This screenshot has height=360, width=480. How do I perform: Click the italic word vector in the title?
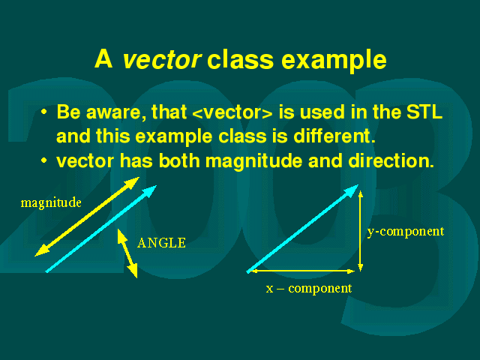pyautogui.click(x=162, y=59)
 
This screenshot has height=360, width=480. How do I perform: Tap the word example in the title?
pyautogui.click(x=334, y=61)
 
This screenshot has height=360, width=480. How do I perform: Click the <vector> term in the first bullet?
pyautogui.click(x=232, y=112)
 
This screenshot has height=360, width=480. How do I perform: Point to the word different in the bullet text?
pyautogui.click(x=334, y=136)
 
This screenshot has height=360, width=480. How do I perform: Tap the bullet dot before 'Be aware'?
pyautogui.click(x=44, y=112)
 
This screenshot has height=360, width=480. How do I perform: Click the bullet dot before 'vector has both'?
pyautogui.click(x=44, y=160)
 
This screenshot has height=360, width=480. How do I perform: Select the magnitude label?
pyautogui.click(x=51, y=203)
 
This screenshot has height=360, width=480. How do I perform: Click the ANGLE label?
pyautogui.click(x=161, y=243)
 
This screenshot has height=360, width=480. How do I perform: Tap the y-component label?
pyautogui.click(x=406, y=232)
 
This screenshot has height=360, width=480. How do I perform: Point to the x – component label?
pyautogui.click(x=309, y=288)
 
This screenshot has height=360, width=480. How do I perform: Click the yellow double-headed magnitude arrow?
pyautogui.click(x=87, y=217)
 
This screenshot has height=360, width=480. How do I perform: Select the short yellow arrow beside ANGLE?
pyautogui.click(x=127, y=253)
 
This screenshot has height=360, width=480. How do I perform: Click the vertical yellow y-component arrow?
pyautogui.click(x=361, y=231)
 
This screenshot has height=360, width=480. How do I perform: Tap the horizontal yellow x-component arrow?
pyautogui.click(x=301, y=271)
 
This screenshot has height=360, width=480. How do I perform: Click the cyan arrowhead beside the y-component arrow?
pyautogui.click(x=351, y=191)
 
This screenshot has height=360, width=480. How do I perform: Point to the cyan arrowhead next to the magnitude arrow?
pyautogui.click(x=149, y=191)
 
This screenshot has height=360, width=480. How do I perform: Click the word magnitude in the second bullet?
pyautogui.click(x=253, y=161)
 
